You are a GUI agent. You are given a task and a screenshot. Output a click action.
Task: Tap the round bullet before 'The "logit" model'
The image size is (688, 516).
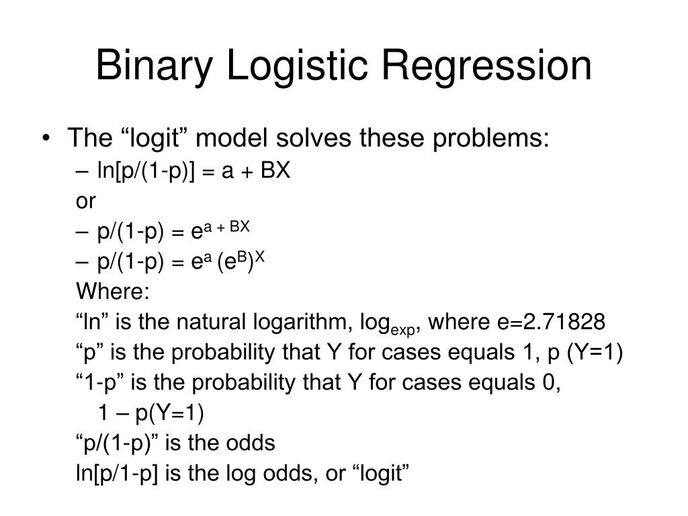(45, 139)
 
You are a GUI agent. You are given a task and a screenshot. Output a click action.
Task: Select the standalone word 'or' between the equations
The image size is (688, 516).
(86, 201)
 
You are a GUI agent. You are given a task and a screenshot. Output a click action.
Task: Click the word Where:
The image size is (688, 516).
(114, 292)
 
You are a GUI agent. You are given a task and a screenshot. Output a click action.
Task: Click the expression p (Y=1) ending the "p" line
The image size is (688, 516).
(584, 353)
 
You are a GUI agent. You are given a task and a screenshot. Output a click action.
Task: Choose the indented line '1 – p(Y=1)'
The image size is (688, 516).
(150, 413)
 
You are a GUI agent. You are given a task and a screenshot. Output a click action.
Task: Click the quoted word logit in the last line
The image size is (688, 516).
(380, 474)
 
